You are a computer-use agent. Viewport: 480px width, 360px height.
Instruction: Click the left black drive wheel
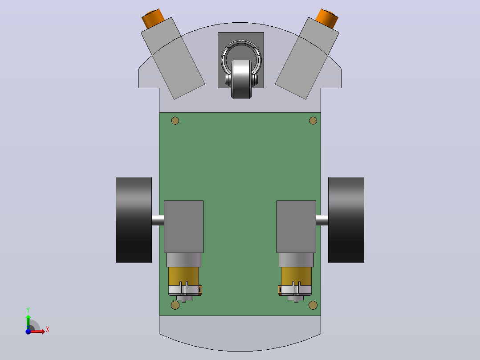134,220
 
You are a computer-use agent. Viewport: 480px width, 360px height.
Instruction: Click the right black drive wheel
346,220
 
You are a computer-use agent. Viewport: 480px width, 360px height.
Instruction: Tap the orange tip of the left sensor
153,19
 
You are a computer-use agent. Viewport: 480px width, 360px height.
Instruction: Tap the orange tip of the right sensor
327,19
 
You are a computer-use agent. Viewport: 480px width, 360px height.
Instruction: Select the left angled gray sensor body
173,58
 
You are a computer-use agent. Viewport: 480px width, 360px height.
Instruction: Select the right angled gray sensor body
307,58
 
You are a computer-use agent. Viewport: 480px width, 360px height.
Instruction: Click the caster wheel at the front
241,79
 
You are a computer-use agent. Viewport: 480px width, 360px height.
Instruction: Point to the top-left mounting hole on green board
175,121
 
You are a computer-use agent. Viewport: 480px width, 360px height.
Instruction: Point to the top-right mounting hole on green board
313,121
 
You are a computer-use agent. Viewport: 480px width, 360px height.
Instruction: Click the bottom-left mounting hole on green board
175,305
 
